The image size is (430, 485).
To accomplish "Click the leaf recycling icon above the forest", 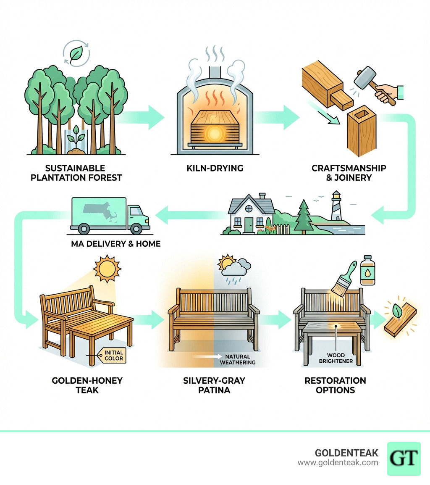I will click(76, 54).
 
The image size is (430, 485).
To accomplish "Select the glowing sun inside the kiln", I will click(215, 134).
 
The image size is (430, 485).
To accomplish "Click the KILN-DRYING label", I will click(215, 168).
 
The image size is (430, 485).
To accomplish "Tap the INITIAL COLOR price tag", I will click(113, 355).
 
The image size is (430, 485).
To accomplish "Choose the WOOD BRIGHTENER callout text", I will click(336, 358).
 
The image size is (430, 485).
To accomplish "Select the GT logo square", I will click(404, 459).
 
